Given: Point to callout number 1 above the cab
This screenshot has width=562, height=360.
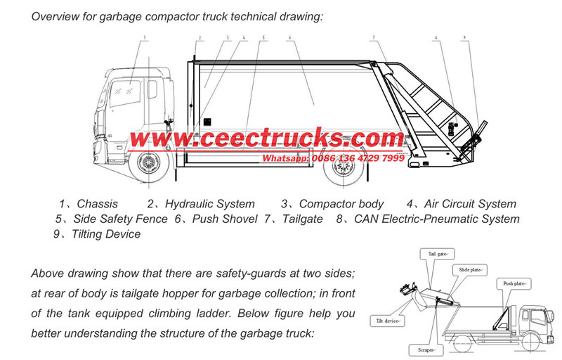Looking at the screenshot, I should [145, 36].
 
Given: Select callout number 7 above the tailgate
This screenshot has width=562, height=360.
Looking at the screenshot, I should [374, 37].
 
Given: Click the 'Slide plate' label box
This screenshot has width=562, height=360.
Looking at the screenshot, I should [473, 270].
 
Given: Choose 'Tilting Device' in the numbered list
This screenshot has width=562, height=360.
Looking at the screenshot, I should [105, 234].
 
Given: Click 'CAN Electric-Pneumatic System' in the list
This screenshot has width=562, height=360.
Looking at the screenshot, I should [436, 219].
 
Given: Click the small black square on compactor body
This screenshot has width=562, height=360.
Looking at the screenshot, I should [207, 120].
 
